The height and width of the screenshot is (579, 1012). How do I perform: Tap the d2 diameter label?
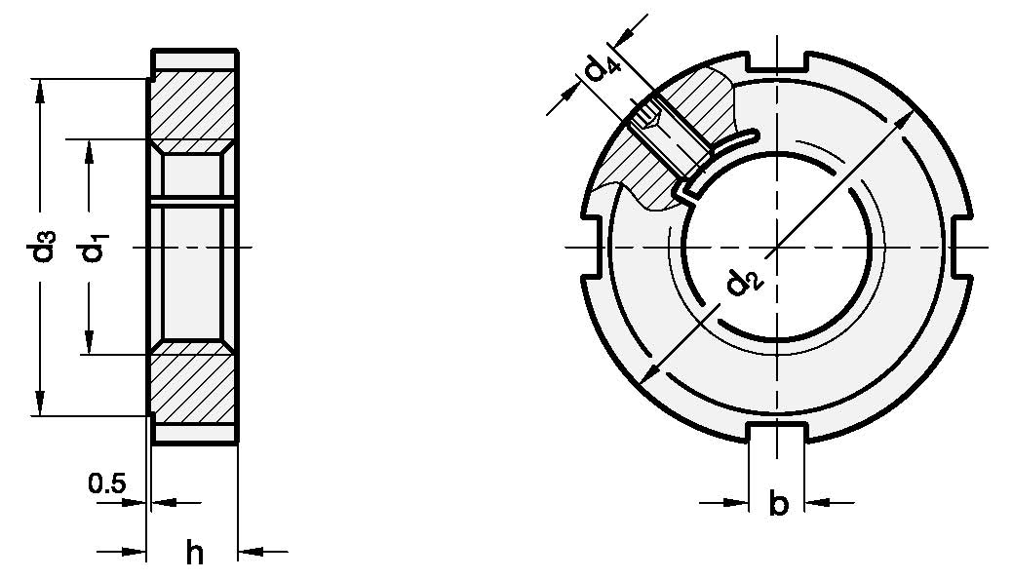tap(742, 284)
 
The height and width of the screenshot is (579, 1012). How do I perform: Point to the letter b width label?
tap(778, 505)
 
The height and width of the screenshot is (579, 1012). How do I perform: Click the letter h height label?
tap(195, 554)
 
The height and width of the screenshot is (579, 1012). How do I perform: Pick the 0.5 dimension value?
tap(105, 482)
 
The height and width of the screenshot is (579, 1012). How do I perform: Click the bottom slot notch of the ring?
tap(777, 434)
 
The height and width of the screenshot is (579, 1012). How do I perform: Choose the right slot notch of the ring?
tap(961, 248)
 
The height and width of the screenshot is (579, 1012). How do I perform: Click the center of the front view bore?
tap(777, 248)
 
